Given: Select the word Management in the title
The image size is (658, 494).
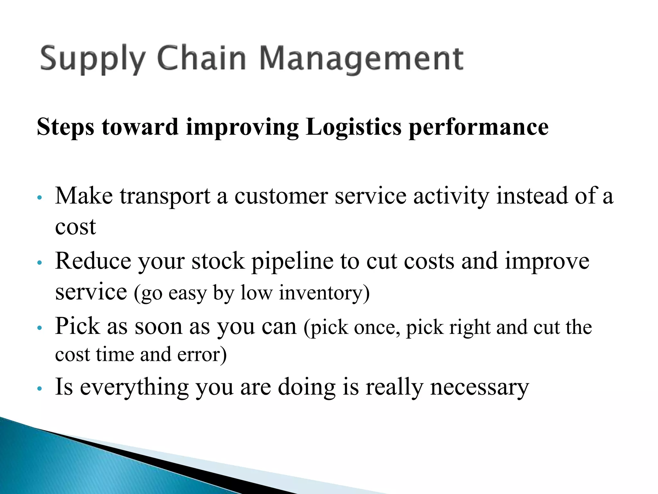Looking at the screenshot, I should (x=361, y=59).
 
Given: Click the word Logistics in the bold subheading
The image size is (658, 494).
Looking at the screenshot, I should (x=353, y=127).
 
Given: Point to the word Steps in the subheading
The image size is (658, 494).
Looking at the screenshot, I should (x=66, y=127).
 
